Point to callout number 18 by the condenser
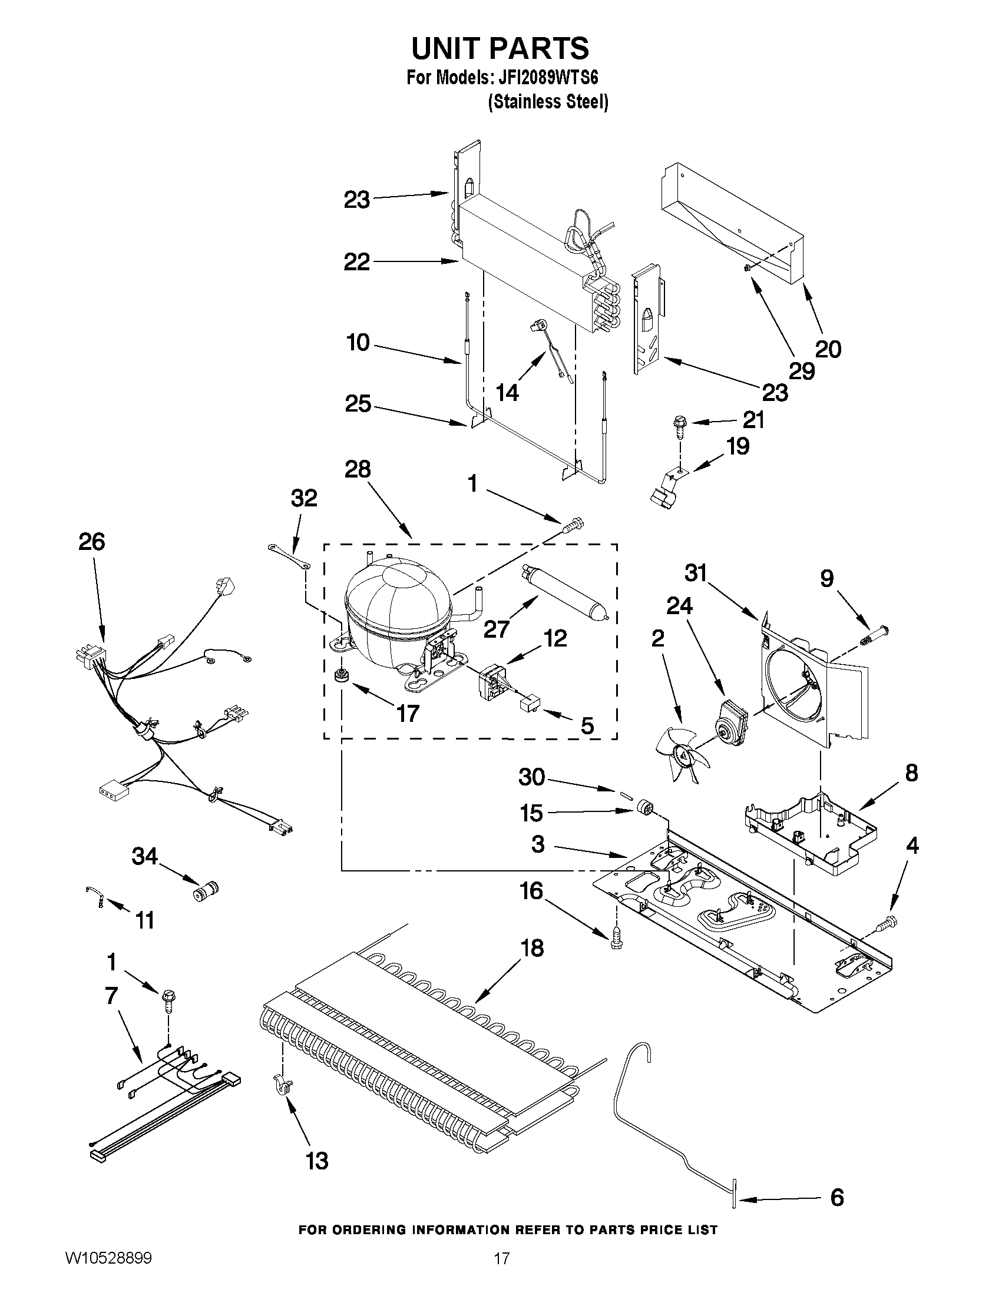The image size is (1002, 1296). tap(532, 948)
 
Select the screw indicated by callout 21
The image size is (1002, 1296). tap(679, 425)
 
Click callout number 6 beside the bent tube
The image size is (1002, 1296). tap(836, 1198)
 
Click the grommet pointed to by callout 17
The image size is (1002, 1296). tap(341, 676)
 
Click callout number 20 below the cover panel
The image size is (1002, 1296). tap(828, 349)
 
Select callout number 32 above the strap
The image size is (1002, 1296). tap(304, 499)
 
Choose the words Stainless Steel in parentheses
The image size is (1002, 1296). tap(548, 102)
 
